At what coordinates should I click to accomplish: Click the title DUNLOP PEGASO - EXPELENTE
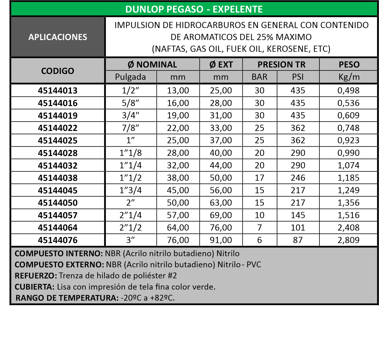(194, 9)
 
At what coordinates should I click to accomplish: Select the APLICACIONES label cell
(58, 37)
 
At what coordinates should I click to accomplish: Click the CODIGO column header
(58, 71)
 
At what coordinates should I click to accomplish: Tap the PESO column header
(349, 64)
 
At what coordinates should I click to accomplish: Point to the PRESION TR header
(281, 64)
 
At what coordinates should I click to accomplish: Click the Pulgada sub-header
(131, 77)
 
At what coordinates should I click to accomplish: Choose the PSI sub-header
(298, 77)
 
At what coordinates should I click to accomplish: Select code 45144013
(58, 91)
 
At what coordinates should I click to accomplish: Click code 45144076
(58, 240)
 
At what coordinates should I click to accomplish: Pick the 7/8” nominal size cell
(131, 128)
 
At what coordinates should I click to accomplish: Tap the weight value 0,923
(348, 140)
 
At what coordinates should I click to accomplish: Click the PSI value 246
(298, 178)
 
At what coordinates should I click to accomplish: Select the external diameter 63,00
(221, 202)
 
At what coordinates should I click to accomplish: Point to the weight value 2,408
(348, 228)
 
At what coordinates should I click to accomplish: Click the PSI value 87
(298, 240)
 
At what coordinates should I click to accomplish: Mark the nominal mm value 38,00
(178, 178)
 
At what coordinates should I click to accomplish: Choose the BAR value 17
(259, 178)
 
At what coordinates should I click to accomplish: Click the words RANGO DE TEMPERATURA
(67, 298)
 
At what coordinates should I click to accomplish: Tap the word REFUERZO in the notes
(36, 276)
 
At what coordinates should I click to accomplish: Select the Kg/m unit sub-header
(349, 77)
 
